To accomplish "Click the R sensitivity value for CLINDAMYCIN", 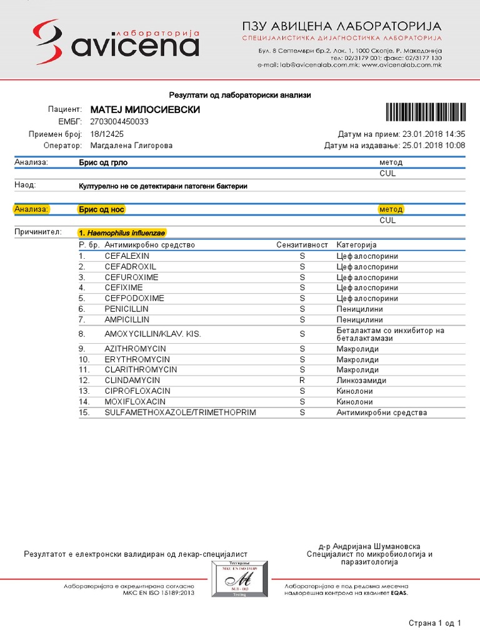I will pyautogui.click(x=302, y=380).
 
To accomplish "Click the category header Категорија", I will pyautogui.click(x=356, y=245).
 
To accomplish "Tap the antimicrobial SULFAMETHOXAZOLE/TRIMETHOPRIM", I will pyautogui.click(x=181, y=412).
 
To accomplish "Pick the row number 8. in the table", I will pyautogui.click(x=82, y=334).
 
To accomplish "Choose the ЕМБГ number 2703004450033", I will pyautogui.click(x=119, y=122).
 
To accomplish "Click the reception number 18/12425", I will pyautogui.click(x=107, y=134).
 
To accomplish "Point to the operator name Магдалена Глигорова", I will pyautogui.click(x=131, y=146).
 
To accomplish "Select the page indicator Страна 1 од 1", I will pyautogui.click(x=435, y=623).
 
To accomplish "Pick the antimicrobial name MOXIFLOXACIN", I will pyautogui.click(x=135, y=401).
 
